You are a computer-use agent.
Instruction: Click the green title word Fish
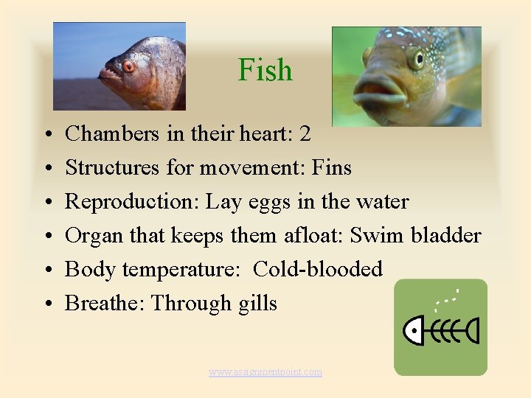pyautogui.click(x=265, y=71)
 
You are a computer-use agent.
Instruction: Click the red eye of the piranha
pyautogui.click(x=129, y=66)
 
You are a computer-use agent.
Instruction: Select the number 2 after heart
pyautogui.click(x=305, y=134)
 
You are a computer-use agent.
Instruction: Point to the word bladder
pyautogui.click(x=445, y=236)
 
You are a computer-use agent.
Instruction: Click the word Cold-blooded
pyautogui.click(x=317, y=270)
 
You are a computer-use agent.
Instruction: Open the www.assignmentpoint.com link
pyautogui.click(x=265, y=372)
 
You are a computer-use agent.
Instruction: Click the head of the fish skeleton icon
pyautogui.click(x=417, y=331)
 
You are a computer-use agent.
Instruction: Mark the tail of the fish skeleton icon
pyautogui.click(x=471, y=331)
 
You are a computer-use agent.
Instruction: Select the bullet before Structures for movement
pyautogui.click(x=46, y=169)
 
